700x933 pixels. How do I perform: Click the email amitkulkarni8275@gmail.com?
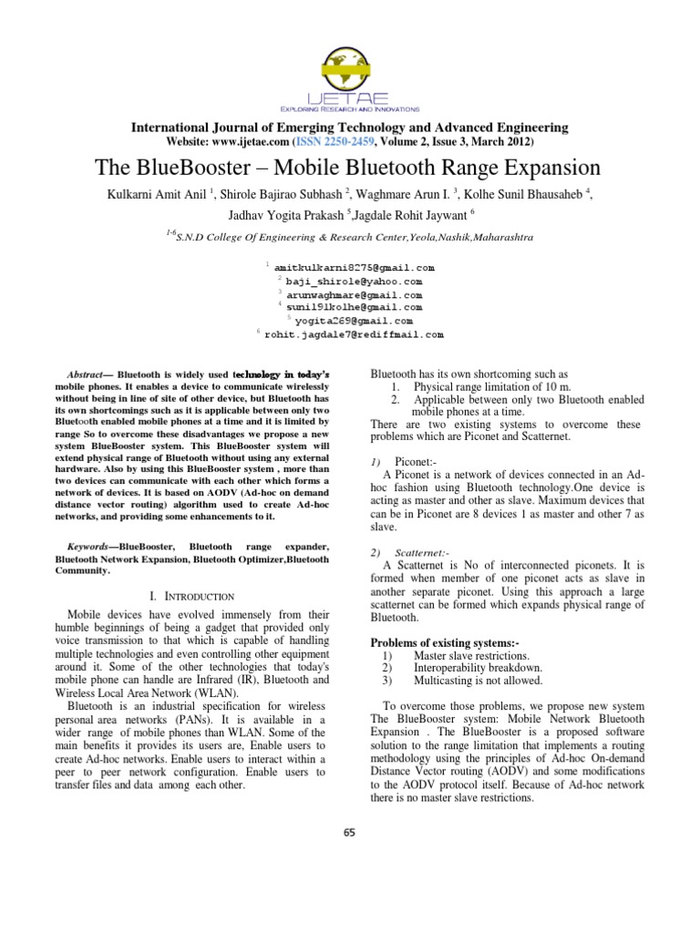tap(354, 269)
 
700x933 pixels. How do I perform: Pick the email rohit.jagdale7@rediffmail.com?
tap(354, 334)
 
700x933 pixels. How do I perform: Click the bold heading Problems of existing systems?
tap(444, 643)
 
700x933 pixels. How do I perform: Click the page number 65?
tap(350, 832)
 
